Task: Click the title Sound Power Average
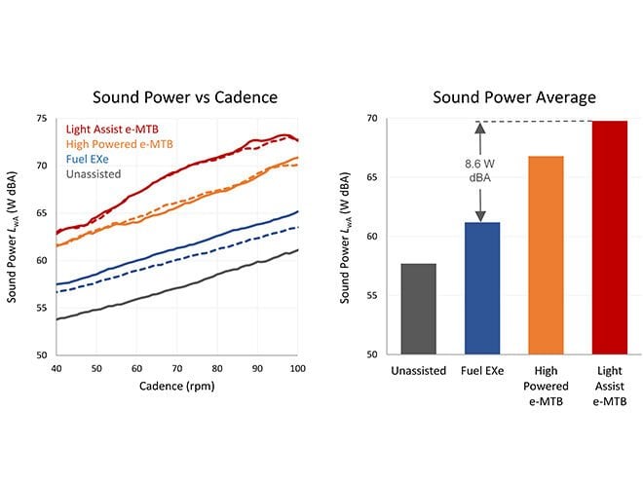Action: [514, 97]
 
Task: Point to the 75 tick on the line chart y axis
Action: [40, 119]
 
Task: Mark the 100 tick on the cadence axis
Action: [296, 369]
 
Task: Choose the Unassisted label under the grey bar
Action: [419, 371]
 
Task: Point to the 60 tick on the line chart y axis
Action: [40, 261]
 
